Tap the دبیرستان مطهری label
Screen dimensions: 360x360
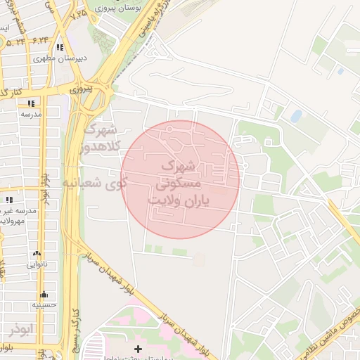click(x=60, y=58)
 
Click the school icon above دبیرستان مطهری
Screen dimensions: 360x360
click(x=60, y=48)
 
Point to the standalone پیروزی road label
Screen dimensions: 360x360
click(x=79, y=90)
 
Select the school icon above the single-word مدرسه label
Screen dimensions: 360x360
click(x=31, y=103)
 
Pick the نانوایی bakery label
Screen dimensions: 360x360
click(x=38, y=264)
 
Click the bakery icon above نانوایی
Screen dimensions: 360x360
click(x=37, y=254)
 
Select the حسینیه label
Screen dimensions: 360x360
click(x=44, y=306)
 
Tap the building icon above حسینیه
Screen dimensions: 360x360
click(x=44, y=295)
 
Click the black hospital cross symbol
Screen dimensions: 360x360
click(x=138, y=349)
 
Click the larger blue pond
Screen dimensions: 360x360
click(x=296, y=115)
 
